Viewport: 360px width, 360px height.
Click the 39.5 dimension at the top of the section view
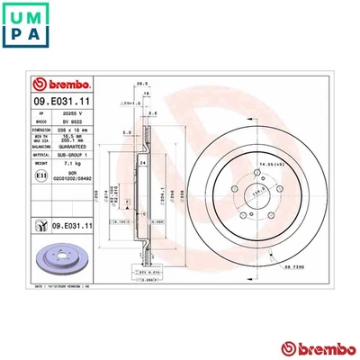pos(140,82)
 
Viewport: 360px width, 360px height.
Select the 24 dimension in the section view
pos(142,162)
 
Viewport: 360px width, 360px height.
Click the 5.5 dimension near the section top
pos(154,113)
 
